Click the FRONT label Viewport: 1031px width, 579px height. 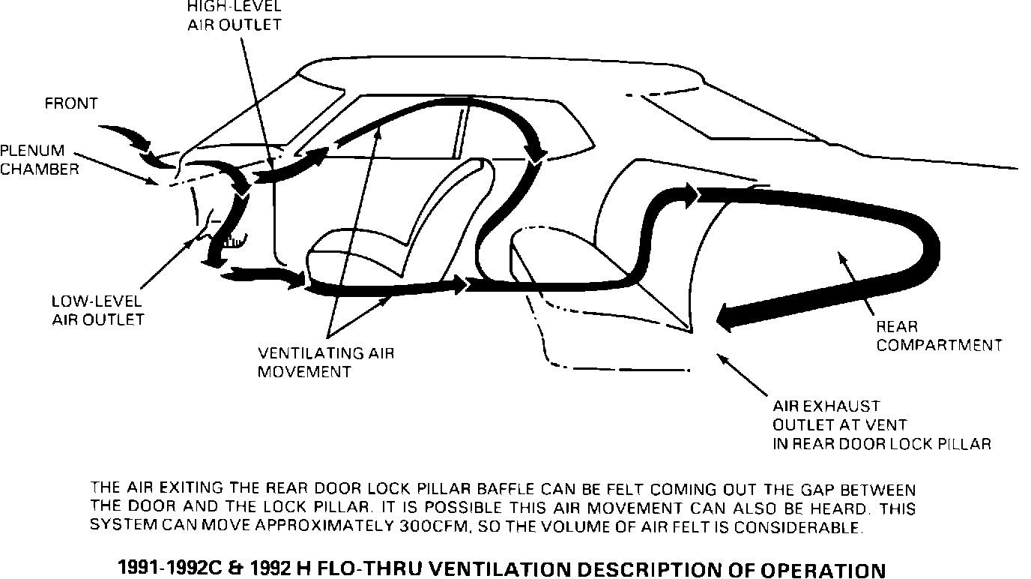(x=71, y=103)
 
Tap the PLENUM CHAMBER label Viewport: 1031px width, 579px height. (x=39, y=160)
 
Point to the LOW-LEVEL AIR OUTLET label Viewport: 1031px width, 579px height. (x=97, y=310)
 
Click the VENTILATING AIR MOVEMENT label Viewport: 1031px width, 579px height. (x=325, y=362)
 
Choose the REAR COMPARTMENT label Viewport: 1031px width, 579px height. (x=939, y=336)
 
